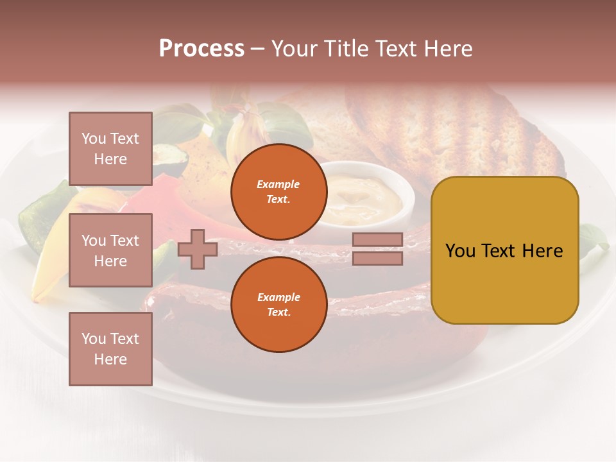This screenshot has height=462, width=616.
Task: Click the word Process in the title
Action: pyautogui.click(x=201, y=49)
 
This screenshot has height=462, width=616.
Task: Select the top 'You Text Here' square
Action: pyautogui.click(x=110, y=149)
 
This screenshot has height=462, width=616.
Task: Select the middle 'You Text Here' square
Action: pyautogui.click(x=110, y=250)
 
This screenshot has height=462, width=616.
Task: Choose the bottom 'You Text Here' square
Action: pyautogui.click(x=110, y=349)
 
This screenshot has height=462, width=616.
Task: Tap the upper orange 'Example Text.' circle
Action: pyautogui.click(x=278, y=192)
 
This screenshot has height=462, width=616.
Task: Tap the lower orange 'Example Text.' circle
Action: pyautogui.click(x=278, y=305)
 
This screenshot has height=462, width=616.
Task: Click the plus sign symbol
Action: pyautogui.click(x=198, y=249)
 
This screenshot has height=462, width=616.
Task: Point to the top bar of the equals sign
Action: pyautogui.click(x=377, y=239)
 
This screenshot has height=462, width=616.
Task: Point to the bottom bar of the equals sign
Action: pyautogui.click(x=377, y=258)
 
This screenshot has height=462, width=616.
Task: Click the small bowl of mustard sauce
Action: pyautogui.click(x=363, y=196)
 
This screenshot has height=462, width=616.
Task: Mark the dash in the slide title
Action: pyautogui.click(x=257, y=49)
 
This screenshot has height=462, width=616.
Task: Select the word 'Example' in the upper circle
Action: pyautogui.click(x=278, y=184)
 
